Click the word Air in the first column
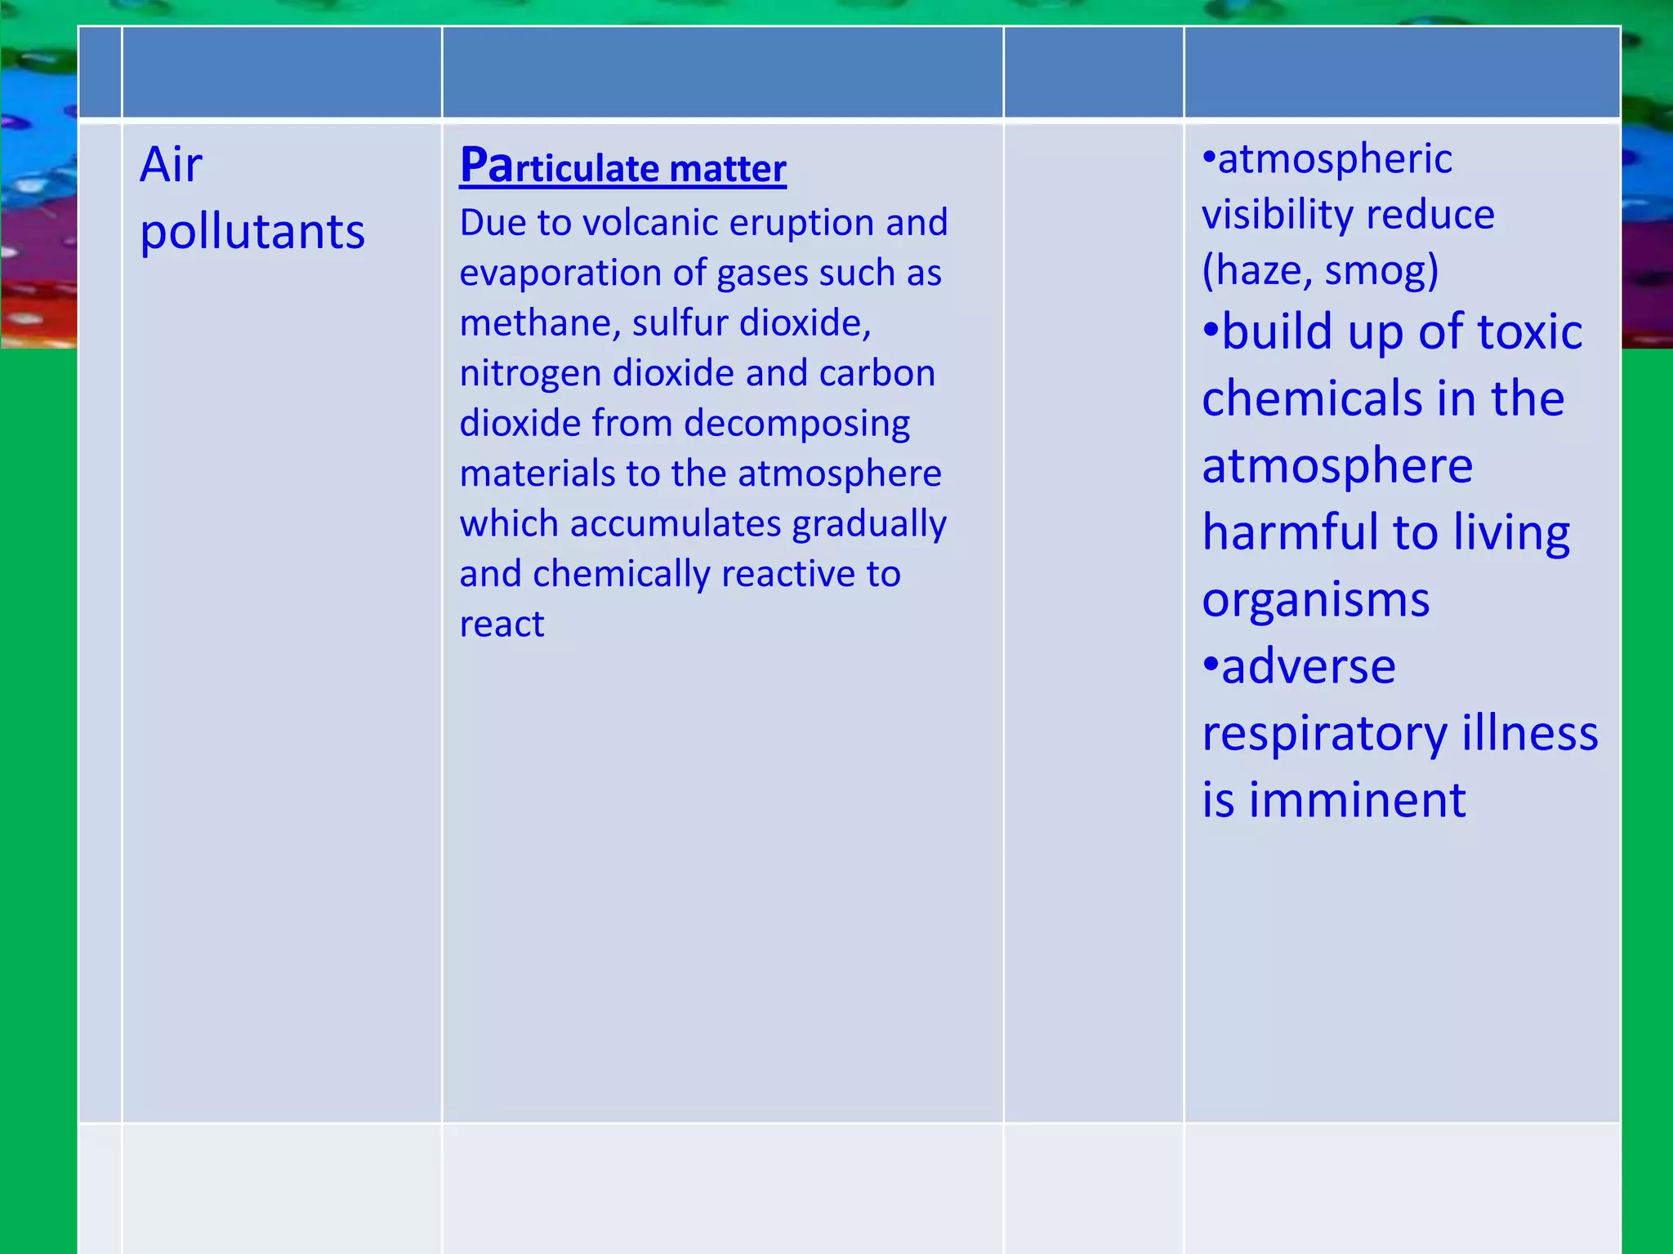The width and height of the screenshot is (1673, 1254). pyautogui.click(x=171, y=165)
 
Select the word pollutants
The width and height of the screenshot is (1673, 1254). pyautogui.click(x=252, y=232)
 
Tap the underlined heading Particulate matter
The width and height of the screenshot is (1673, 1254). pyautogui.click(x=622, y=167)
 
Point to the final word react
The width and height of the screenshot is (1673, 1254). pyautogui.click(x=502, y=625)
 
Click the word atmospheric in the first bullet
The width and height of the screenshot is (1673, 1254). pyautogui.click(x=1335, y=159)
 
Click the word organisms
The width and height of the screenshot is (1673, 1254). pyautogui.click(x=1315, y=600)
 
